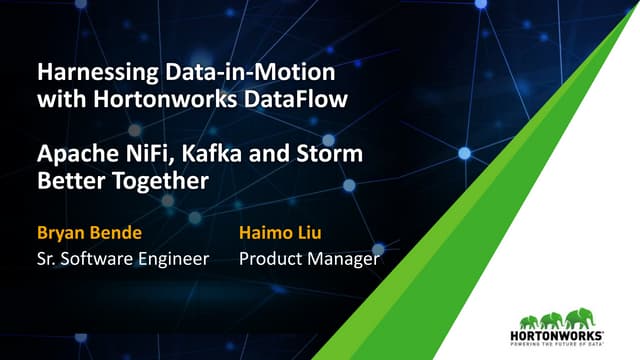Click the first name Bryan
click(x=63, y=234)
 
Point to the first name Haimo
click(x=268, y=234)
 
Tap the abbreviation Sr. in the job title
click(x=47, y=260)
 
